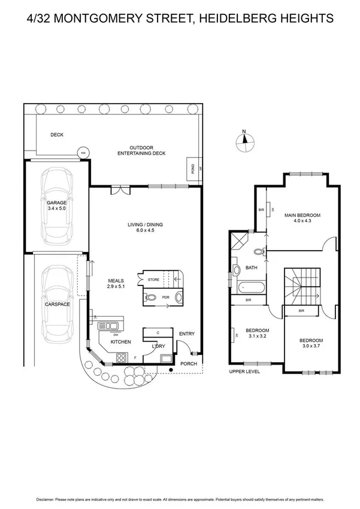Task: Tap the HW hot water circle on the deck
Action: click(x=83, y=153)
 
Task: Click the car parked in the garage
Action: click(x=58, y=204)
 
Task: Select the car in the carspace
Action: click(x=58, y=303)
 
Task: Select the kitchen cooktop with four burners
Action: click(x=120, y=357)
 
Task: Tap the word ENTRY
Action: click(x=187, y=334)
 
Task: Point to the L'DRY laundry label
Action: click(x=158, y=347)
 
